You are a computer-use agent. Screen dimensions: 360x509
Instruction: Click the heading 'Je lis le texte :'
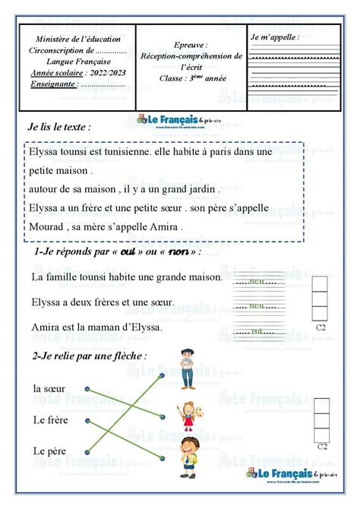pyautogui.click(x=59, y=126)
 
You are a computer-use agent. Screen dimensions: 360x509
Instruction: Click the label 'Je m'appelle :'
pyautogui.click(x=275, y=36)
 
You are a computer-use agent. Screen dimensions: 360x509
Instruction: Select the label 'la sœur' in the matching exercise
pyautogui.click(x=50, y=388)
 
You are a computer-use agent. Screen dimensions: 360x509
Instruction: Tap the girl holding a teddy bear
pyautogui.click(x=188, y=416)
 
